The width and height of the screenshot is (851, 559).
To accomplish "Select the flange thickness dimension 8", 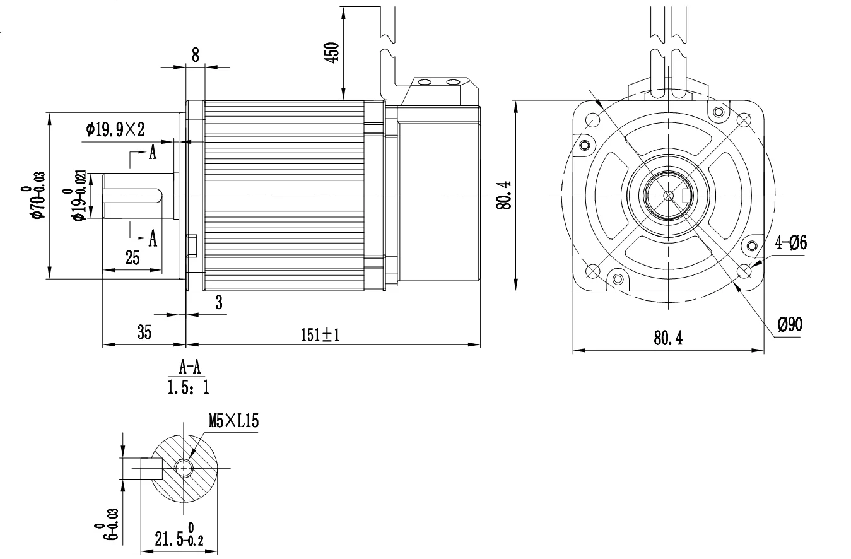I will tap(195, 56).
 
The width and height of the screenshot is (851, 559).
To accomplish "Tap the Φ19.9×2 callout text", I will tap(115, 130).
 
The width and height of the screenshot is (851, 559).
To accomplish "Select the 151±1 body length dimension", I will tap(320, 335).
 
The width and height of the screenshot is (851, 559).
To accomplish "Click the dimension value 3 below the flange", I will tap(219, 303).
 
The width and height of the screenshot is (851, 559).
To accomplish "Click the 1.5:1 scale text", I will tap(187, 386).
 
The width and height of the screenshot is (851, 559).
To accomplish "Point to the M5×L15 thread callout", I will tap(233, 421).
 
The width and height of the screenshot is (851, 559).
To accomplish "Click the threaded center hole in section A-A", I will tap(184, 468).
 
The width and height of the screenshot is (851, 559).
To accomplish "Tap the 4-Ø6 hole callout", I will tap(790, 243).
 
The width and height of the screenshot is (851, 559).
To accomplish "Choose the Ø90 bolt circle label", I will tap(790, 325).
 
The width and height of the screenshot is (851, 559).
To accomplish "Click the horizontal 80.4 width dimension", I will tap(667, 339).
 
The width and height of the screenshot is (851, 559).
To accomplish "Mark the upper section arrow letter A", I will tap(153, 153).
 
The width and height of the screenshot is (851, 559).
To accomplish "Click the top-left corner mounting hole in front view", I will tap(593, 119).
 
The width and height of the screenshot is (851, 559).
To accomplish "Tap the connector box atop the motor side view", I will tap(439, 91).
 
